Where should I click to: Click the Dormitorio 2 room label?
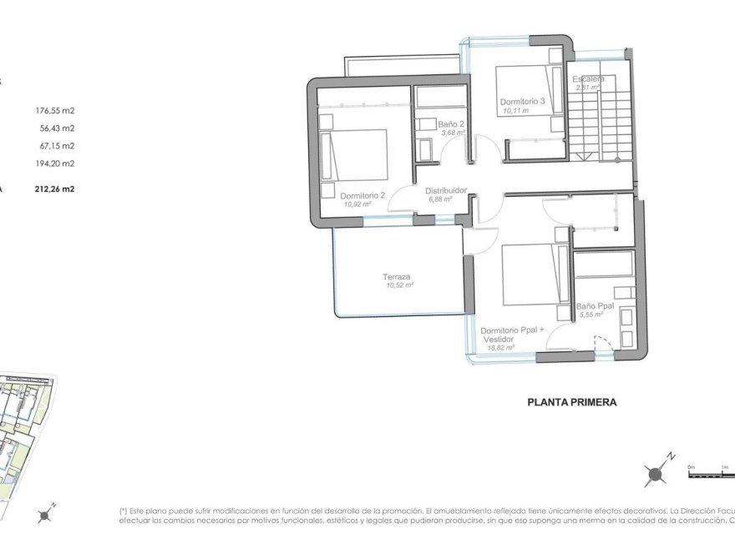coord(363,196)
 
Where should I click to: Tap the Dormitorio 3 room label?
coord(522,102)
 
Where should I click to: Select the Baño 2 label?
coord(452,123)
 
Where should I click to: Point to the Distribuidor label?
coord(446,190)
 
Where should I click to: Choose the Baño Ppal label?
coord(596,306)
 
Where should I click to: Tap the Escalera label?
coord(589,79)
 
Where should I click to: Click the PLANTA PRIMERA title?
coord(572,401)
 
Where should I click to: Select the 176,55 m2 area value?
coord(55,110)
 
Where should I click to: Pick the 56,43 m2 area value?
coord(57,128)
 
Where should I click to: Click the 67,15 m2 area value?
coord(57,146)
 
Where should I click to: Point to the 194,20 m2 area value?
coord(55,164)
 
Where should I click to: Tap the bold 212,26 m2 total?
coord(54,189)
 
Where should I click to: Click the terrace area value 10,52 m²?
coord(399,285)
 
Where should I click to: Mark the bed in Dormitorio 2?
coord(355,154)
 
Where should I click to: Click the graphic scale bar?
coord(710,474)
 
